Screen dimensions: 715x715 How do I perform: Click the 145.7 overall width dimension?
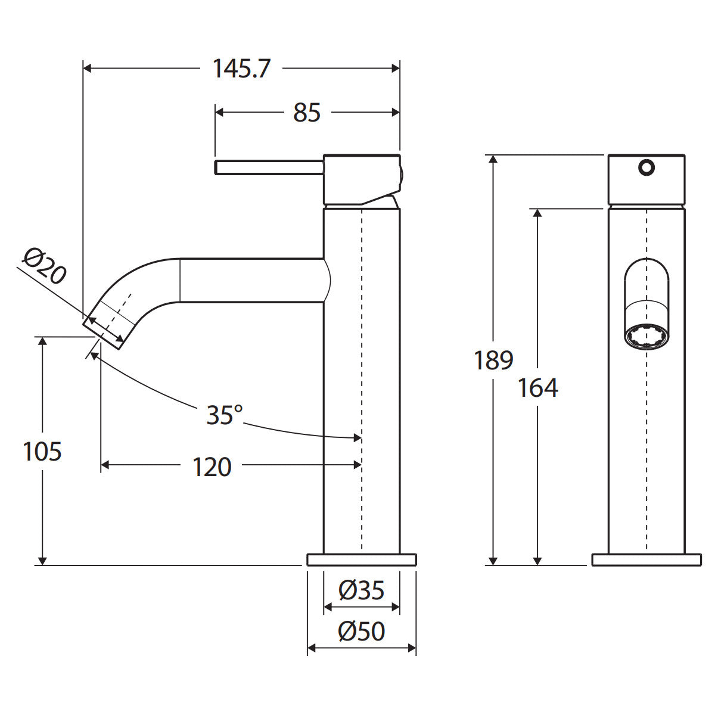(x=241, y=69)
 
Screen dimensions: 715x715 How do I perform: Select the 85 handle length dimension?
(x=307, y=113)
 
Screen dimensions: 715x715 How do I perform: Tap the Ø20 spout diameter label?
(x=45, y=266)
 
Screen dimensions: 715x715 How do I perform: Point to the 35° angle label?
(x=225, y=414)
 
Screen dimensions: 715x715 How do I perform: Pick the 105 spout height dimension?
(x=42, y=452)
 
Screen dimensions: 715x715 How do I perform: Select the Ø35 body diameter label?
(x=361, y=590)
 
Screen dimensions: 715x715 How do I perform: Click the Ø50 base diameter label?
(x=362, y=631)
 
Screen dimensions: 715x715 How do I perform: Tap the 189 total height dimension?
(x=493, y=360)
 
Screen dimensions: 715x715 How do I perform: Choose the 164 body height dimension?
(x=537, y=388)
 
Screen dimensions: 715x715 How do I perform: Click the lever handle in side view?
(x=269, y=167)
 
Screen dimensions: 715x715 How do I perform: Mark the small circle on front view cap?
(x=646, y=167)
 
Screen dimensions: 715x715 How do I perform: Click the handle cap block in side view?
(x=362, y=179)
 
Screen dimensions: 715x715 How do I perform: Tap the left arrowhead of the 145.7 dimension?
(x=88, y=69)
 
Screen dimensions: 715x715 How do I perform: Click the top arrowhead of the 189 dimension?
(x=493, y=160)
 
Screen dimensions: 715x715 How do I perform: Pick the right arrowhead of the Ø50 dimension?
(x=412, y=648)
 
